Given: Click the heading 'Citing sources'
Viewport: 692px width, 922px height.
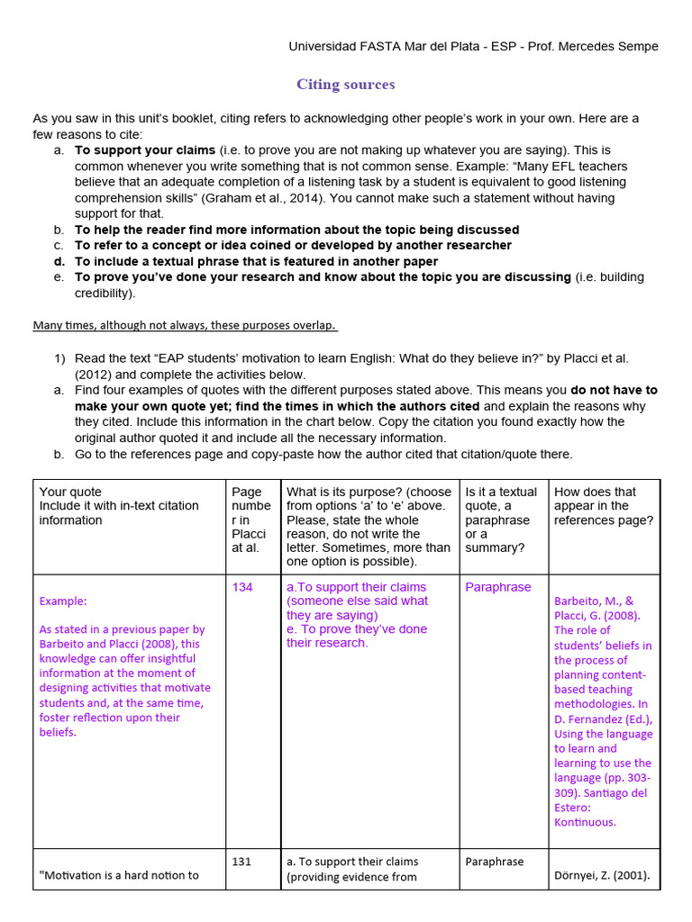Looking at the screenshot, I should (346, 85).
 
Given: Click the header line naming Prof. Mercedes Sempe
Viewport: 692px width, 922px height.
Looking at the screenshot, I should (473, 46).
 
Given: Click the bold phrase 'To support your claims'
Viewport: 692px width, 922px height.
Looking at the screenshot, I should (145, 149).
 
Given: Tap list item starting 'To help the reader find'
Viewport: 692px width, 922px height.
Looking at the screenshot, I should (296, 230).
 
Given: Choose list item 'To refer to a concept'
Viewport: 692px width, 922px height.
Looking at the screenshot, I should (293, 245).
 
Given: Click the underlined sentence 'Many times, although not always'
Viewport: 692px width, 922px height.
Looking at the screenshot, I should (185, 324).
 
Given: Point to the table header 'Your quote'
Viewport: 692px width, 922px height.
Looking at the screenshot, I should (66, 492).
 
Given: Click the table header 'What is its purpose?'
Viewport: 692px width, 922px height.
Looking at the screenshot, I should (369, 492).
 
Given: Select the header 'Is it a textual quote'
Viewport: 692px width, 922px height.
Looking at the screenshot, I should (500, 492).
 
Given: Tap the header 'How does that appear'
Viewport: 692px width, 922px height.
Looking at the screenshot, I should (595, 492).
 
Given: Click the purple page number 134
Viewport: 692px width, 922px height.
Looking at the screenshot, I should (242, 587).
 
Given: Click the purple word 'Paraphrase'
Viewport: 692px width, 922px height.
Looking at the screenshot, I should (498, 587).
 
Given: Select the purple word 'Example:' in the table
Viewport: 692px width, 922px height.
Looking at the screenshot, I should (63, 601).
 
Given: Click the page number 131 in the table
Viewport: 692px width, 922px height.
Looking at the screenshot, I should (241, 862).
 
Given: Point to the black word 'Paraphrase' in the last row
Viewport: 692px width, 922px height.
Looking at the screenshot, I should (494, 862).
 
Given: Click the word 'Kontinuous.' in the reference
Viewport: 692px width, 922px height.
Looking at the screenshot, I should (585, 822).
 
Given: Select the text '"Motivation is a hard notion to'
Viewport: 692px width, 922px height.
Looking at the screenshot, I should (120, 875).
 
